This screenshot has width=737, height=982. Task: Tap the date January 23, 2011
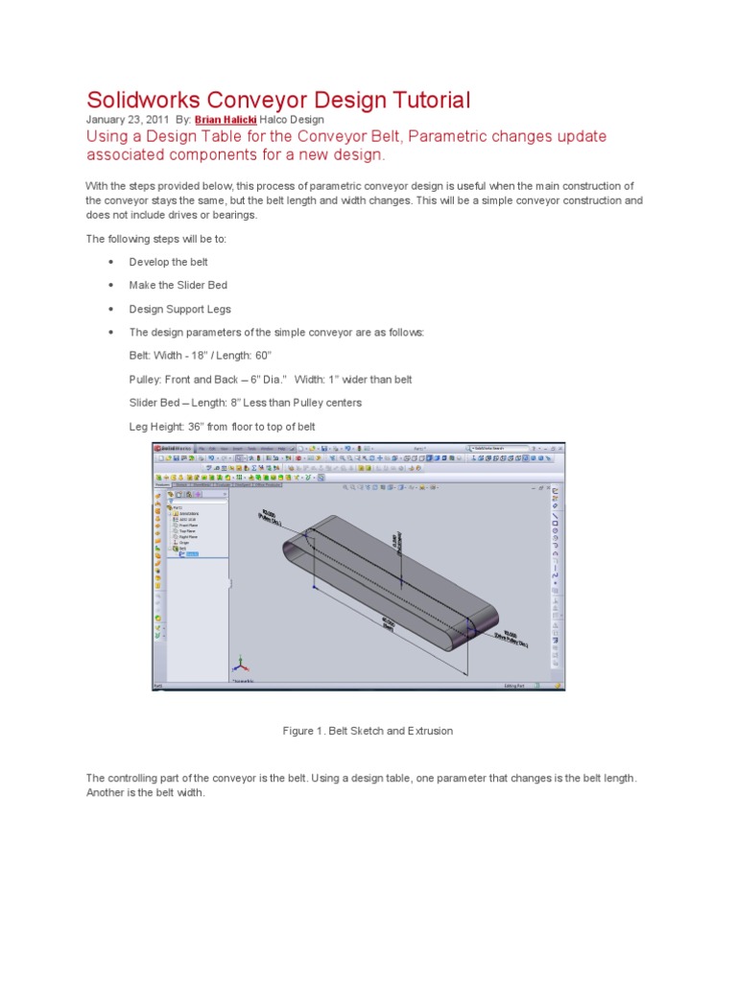(x=127, y=120)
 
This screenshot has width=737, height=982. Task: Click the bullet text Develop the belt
(x=168, y=262)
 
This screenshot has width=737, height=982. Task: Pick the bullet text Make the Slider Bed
(x=178, y=286)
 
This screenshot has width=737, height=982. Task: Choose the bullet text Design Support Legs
(x=179, y=309)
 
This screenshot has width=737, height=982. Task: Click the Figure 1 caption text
(x=368, y=731)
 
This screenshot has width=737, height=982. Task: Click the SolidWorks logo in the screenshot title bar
(x=171, y=448)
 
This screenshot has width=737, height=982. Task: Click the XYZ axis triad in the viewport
(x=241, y=665)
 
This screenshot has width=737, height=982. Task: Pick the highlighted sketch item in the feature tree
(x=191, y=554)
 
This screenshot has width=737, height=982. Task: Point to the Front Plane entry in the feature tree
(x=186, y=526)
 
